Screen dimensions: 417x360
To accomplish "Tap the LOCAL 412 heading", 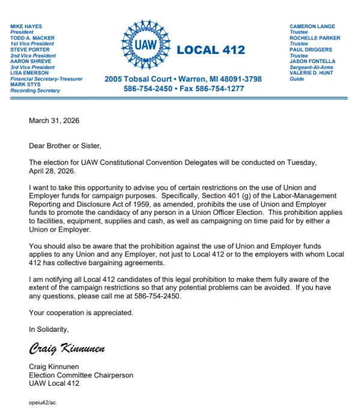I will point(211,50).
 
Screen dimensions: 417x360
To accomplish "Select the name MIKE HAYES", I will point(26,26).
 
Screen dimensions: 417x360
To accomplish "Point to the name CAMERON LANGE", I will point(312,26).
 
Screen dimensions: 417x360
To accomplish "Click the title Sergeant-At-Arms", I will point(312,67).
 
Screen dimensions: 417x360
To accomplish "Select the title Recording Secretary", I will point(35,91).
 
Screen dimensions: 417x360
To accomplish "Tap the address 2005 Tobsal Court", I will point(138,79).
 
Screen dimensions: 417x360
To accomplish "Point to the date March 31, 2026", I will point(54,121).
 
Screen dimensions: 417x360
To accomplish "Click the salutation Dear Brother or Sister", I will point(65,145).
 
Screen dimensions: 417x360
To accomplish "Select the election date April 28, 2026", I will point(52,171).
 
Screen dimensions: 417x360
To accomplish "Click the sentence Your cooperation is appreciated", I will point(81,313).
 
